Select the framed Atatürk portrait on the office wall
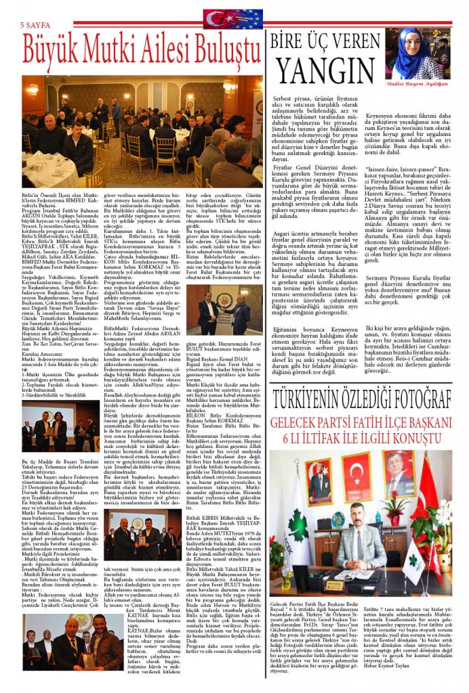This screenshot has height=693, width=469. [399, 473]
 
